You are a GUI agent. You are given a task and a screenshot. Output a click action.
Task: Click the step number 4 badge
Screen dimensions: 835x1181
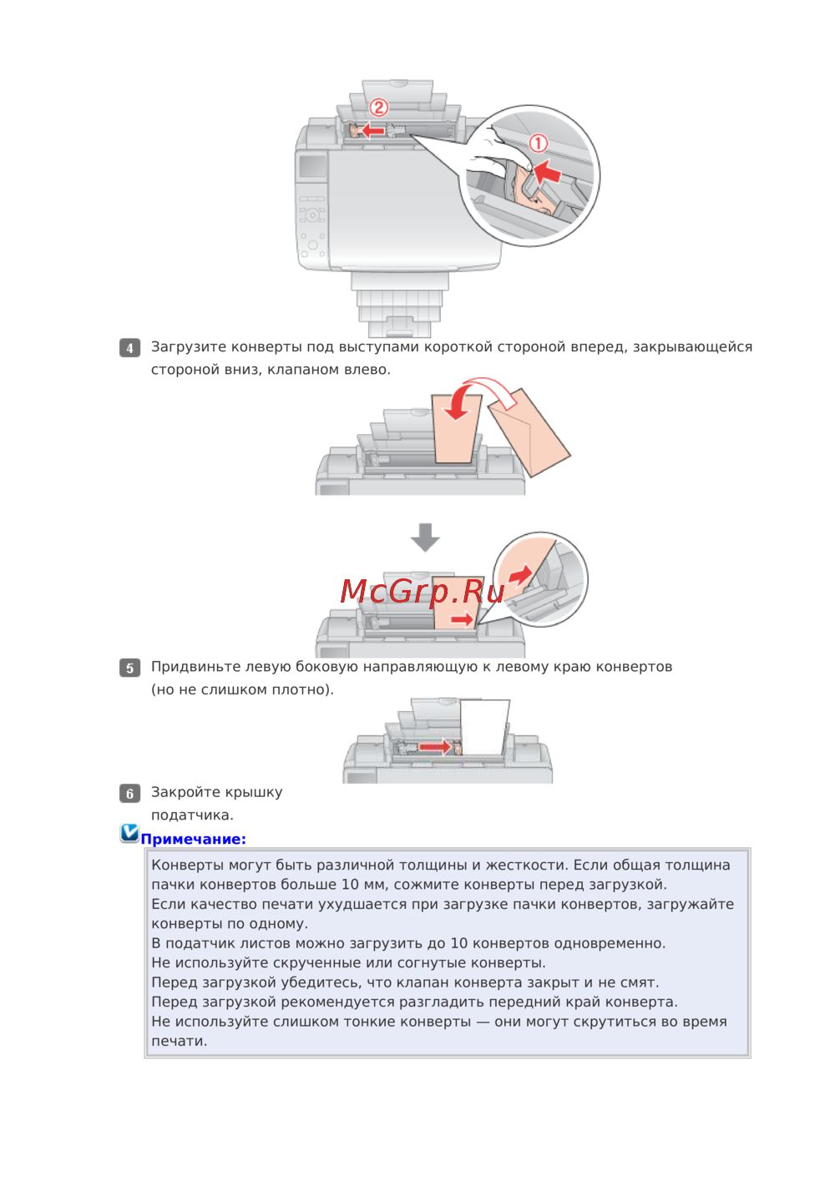click(x=129, y=348)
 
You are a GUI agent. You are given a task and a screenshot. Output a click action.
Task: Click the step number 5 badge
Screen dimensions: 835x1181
click(x=129, y=668)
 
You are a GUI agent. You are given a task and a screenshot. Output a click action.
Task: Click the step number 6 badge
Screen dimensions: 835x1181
click(x=129, y=794)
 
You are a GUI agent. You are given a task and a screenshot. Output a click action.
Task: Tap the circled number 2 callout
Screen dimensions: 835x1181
click(x=378, y=108)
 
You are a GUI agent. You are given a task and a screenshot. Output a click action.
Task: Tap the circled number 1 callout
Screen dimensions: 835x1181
click(x=538, y=144)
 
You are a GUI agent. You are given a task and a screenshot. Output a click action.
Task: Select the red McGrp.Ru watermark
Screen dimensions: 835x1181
click(x=422, y=591)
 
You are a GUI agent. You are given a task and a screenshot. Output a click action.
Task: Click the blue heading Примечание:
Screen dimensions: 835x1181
click(x=194, y=840)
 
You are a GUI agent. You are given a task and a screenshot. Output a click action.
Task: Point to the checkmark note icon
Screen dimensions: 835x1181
click(x=129, y=833)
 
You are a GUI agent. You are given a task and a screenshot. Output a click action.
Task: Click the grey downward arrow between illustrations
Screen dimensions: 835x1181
click(x=425, y=538)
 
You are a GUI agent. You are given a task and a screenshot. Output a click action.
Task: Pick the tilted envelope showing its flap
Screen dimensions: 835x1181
click(x=529, y=432)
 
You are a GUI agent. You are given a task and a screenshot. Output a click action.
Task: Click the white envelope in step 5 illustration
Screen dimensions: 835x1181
click(x=484, y=728)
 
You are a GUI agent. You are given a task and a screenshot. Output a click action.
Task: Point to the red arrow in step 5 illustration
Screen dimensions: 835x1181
click(x=435, y=746)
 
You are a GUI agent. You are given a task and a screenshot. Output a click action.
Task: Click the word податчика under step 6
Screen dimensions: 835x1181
click(x=192, y=815)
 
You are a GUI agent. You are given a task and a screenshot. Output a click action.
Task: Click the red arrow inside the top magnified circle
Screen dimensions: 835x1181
click(x=546, y=171)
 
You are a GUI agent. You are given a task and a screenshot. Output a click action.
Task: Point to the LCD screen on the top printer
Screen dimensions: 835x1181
click(x=313, y=166)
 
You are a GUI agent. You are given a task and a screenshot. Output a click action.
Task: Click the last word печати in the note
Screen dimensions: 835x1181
click(x=179, y=1042)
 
